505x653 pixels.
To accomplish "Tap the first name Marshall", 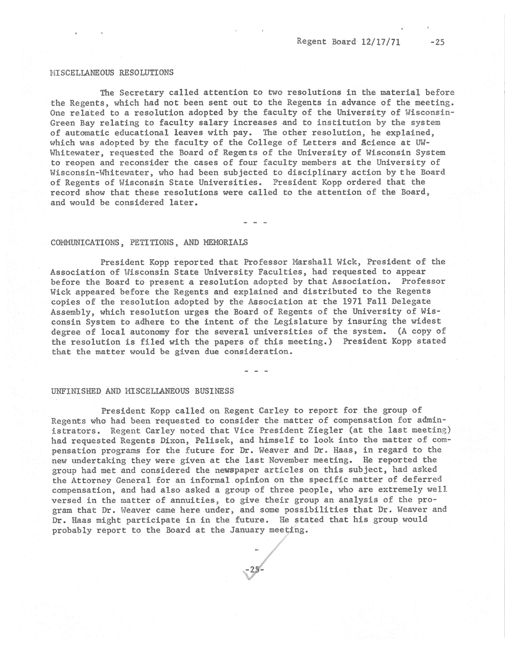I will [312, 262].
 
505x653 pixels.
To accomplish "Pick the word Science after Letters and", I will [378, 143].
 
